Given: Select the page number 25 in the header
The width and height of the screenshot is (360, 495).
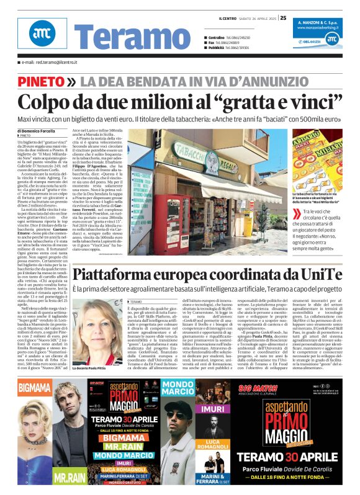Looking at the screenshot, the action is tap(284, 18).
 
